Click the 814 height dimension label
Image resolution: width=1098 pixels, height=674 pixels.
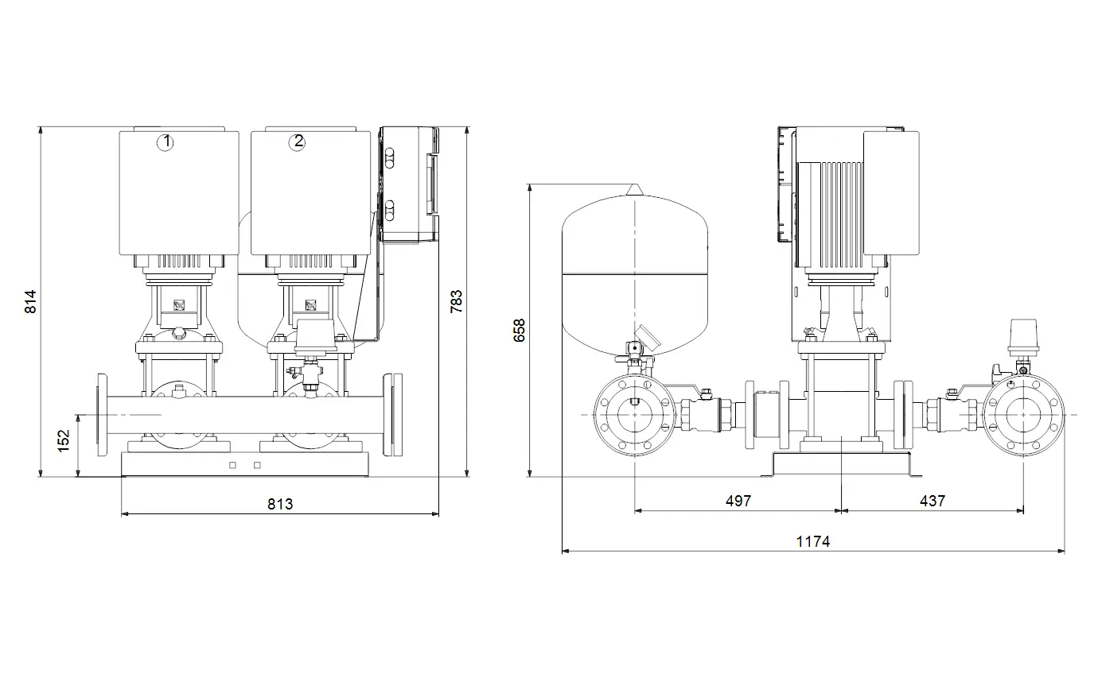(30, 302)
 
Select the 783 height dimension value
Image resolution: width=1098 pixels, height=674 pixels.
(456, 302)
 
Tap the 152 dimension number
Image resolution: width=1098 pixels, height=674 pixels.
(64, 441)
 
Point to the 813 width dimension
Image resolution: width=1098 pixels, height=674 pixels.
(280, 504)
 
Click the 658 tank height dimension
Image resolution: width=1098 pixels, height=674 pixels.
(519, 331)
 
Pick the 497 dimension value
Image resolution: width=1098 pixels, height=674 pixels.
(738, 501)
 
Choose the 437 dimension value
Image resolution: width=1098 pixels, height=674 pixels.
(933, 501)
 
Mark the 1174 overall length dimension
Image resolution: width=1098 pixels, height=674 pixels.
(813, 542)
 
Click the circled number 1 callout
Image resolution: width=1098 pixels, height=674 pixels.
(165, 142)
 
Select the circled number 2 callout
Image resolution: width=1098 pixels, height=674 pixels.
(297, 142)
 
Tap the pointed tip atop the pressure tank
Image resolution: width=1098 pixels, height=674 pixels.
(635, 184)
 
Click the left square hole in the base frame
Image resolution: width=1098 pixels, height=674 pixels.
(233, 465)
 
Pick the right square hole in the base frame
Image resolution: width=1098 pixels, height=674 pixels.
(257, 465)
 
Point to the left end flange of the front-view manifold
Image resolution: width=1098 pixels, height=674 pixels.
(103, 415)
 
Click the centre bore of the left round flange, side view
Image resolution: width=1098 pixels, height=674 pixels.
(635, 415)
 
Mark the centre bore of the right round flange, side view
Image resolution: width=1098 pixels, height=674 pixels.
(1023, 415)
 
